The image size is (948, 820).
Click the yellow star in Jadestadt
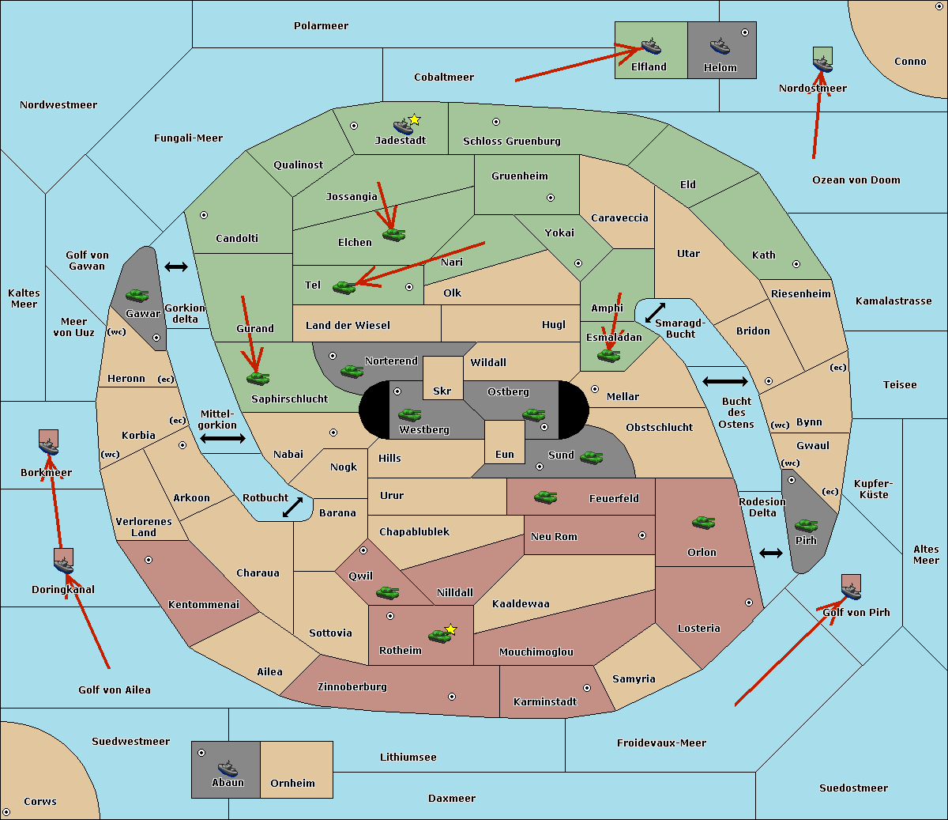[x=415, y=119]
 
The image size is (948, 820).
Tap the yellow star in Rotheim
[x=451, y=629]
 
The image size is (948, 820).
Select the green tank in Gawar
[x=137, y=295]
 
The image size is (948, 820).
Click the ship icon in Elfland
[x=651, y=46]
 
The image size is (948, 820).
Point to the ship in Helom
[x=719, y=46]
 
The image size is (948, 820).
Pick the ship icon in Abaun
[x=228, y=768]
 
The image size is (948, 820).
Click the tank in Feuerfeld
[x=546, y=497]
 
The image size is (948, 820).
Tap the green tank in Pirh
[x=807, y=525]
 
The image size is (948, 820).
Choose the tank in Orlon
[x=703, y=522]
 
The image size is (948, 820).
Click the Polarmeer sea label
[x=321, y=26]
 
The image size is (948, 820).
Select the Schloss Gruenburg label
[x=512, y=142]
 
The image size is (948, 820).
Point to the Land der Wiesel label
[x=348, y=325]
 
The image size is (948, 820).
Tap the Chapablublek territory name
[x=414, y=532]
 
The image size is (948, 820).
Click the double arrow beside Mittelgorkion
[x=223, y=439]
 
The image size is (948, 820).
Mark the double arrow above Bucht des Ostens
[x=724, y=382]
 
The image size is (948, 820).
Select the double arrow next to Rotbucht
[x=293, y=507]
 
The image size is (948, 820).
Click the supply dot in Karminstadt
[x=587, y=688]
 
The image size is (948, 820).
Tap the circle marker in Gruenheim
[x=551, y=198]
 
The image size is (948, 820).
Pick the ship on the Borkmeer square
[x=49, y=446]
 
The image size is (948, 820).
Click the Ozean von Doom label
[x=856, y=180]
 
